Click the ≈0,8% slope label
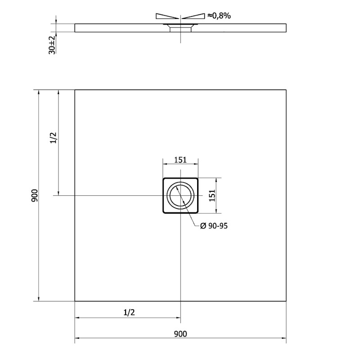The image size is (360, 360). (219, 16)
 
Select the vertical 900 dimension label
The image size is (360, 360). (35, 195)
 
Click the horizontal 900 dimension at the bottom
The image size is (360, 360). (180, 333)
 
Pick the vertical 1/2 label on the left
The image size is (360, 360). (53, 138)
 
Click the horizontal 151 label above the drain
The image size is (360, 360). (180, 159)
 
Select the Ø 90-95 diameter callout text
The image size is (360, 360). (214, 226)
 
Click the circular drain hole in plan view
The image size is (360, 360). (180, 195)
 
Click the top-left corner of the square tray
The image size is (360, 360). (75, 90)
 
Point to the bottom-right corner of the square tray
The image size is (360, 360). (286, 301)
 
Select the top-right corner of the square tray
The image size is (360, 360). (286, 90)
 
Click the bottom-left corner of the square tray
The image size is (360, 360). (75, 301)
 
